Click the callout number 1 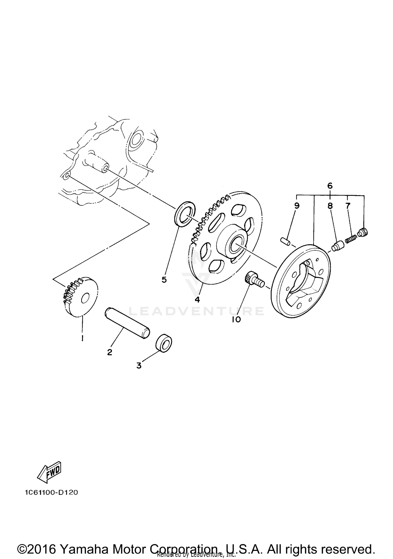[x=83, y=338]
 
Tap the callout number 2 [x=110, y=352]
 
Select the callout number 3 [x=139, y=366]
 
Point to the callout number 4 [x=197, y=300]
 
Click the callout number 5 [x=164, y=280]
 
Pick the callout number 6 [x=330, y=186]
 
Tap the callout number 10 [x=236, y=319]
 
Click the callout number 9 [x=297, y=206]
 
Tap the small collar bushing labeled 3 [x=164, y=343]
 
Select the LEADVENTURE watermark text [x=197, y=311]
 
